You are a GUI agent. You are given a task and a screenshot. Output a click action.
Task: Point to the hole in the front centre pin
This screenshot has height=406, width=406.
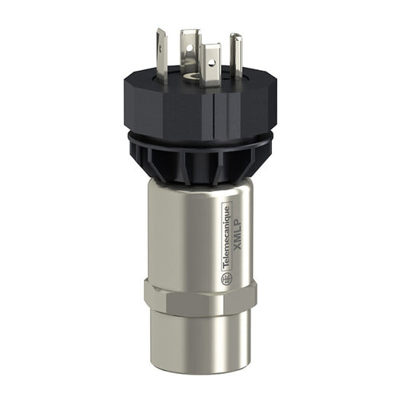pyautogui.click(x=210, y=56)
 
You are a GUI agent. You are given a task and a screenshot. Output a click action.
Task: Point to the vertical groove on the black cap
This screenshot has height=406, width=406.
pyautogui.click(x=226, y=114)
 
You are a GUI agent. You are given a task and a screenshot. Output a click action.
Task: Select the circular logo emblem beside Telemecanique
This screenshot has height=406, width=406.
pyautogui.click(x=226, y=279)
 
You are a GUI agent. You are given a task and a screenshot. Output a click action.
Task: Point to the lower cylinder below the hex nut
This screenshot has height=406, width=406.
pyautogui.click(x=200, y=343)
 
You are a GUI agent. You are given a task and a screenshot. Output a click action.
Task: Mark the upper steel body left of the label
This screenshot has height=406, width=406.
pyautogui.click(x=179, y=229)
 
